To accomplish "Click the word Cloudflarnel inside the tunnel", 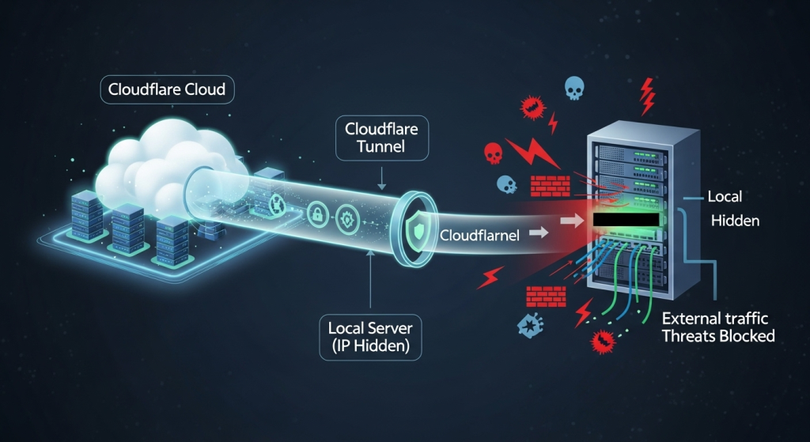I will pos(479,234).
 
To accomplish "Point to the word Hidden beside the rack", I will pos(735,221).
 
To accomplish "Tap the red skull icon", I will pos(492,153).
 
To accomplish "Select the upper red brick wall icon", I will pos(545,187).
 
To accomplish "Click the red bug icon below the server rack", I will pos(604,341).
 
